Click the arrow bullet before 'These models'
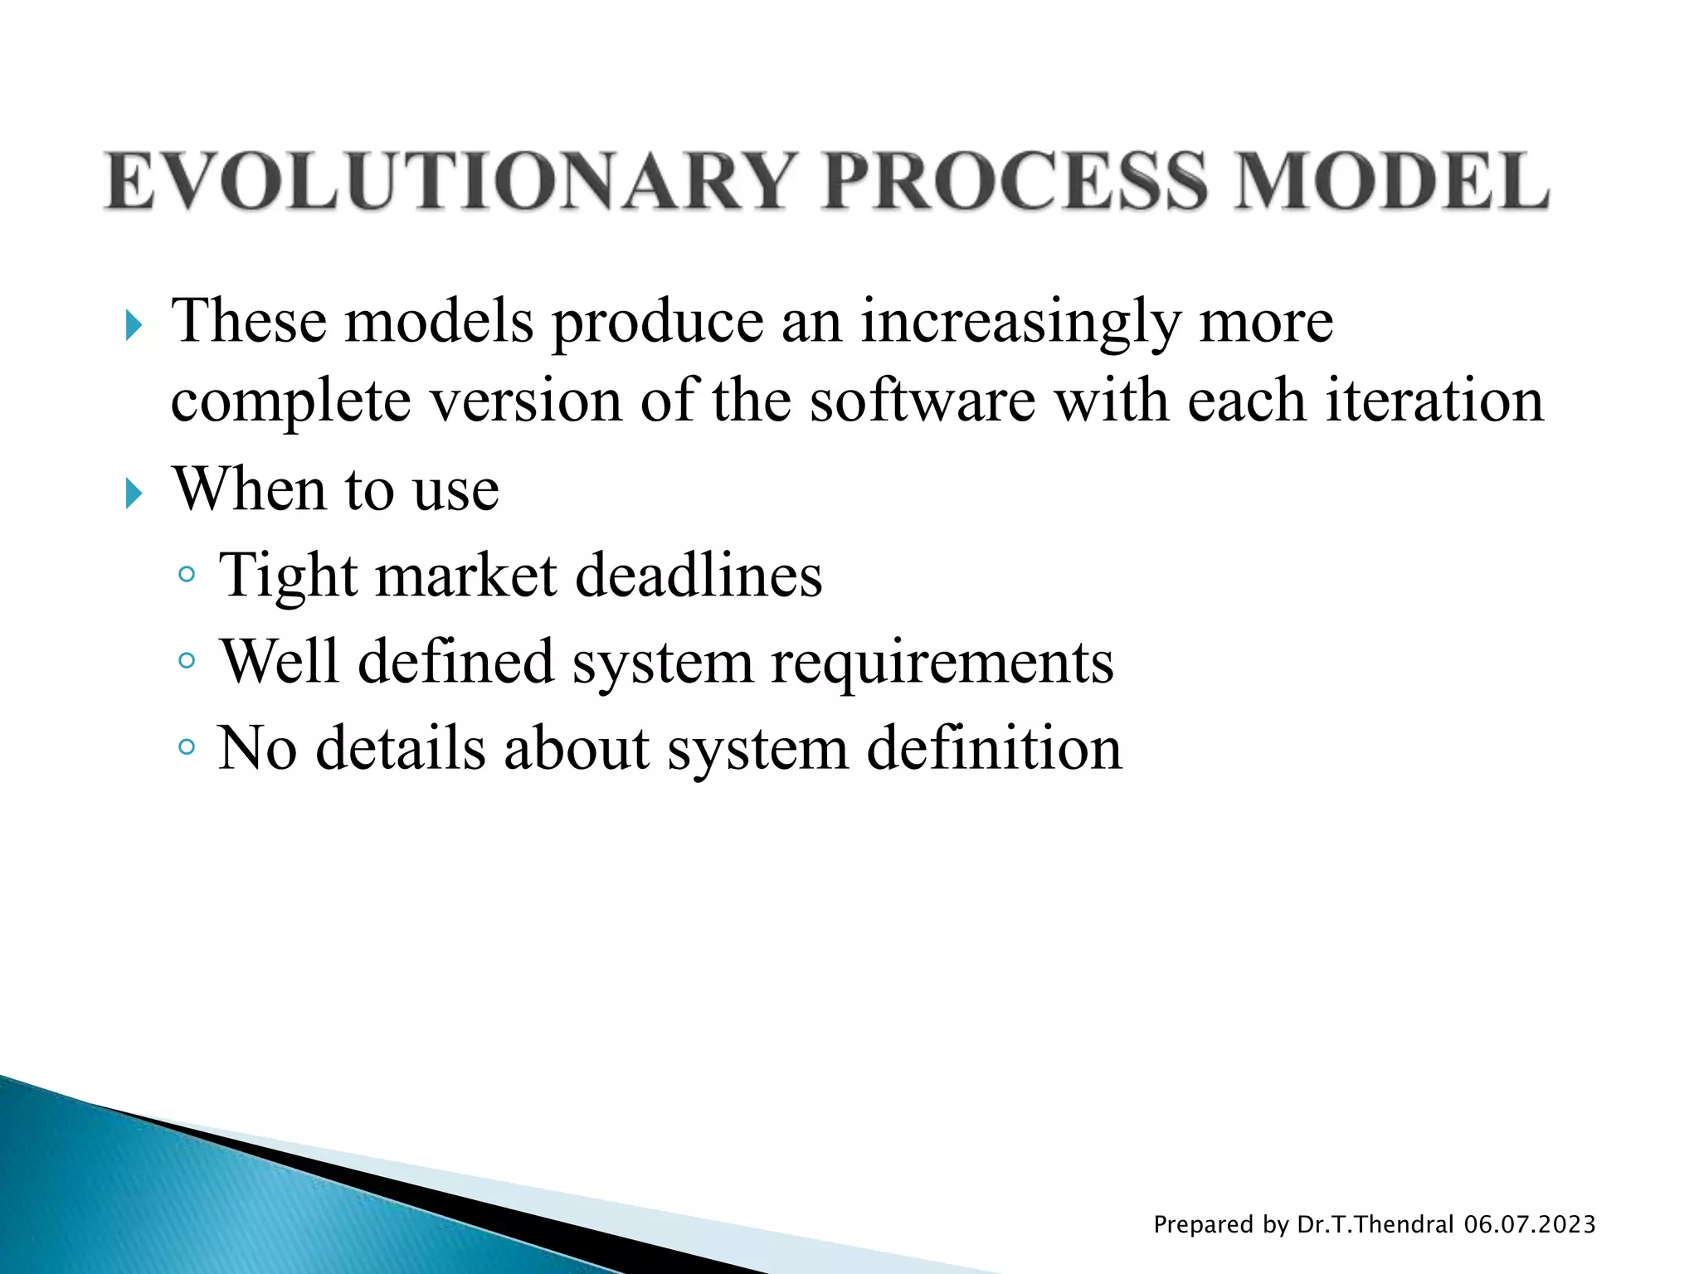click(134, 325)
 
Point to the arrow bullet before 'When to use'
click(134, 494)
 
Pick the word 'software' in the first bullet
click(922, 401)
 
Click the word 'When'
click(249, 489)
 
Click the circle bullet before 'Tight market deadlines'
click(187, 574)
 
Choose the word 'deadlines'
click(699, 576)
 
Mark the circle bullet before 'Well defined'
click(187, 660)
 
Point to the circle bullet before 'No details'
click(187, 747)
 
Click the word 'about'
click(576, 748)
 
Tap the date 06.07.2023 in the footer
click(1529, 1224)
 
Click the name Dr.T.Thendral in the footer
click(1375, 1224)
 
